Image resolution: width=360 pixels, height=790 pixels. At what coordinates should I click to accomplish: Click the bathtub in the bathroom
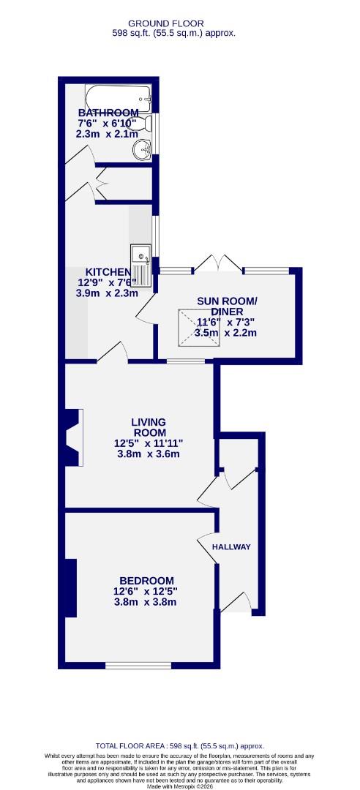click(118, 97)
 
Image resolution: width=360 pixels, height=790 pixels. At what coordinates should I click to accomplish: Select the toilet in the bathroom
click(146, 124)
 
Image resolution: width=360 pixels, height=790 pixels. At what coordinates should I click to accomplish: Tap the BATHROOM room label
click(108, 113)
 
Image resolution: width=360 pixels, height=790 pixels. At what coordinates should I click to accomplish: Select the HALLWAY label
click(231, 547)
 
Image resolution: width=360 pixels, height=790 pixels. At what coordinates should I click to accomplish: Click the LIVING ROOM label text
click(149, 427)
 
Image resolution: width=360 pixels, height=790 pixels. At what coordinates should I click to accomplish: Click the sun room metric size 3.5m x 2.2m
click(227, 333)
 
